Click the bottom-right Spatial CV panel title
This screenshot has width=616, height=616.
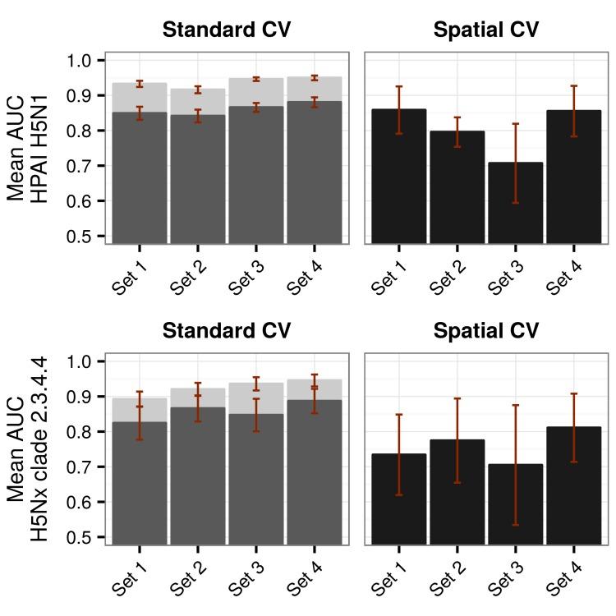[485, 330]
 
